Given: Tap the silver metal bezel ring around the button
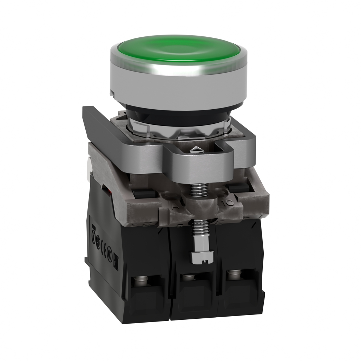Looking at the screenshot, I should [x=178, y=83].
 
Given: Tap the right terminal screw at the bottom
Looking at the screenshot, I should [x=233, y=273].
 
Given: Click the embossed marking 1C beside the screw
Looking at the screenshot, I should [x=227, y=202].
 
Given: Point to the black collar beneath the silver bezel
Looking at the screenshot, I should [x=176, y=112].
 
